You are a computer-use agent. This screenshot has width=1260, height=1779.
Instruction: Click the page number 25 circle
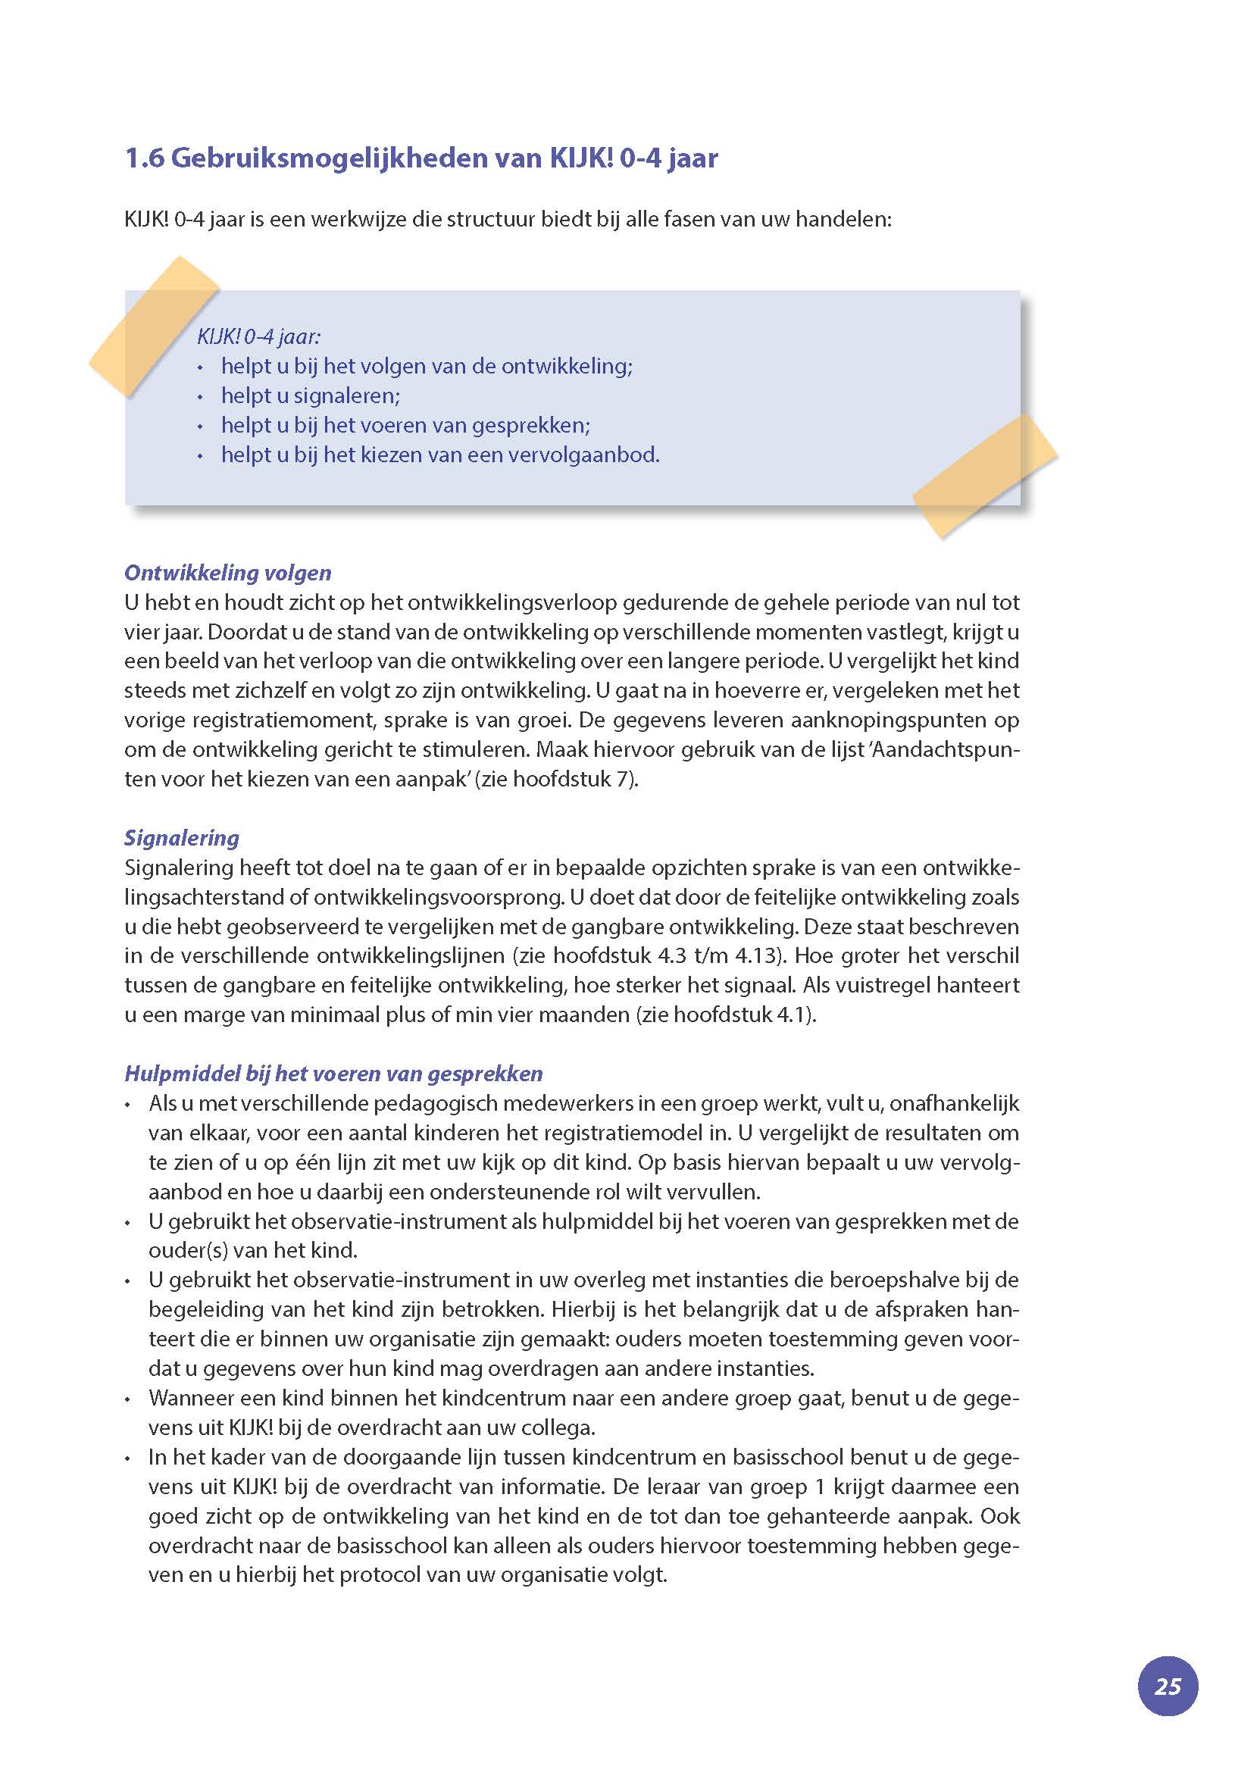1167,1686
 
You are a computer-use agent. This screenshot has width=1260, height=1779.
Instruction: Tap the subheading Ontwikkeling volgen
227,573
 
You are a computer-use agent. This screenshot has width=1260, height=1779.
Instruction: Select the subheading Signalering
182,838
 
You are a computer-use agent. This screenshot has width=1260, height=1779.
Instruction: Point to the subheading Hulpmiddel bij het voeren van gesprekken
333,1074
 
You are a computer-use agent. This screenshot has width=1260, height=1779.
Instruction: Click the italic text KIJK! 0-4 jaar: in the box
258,336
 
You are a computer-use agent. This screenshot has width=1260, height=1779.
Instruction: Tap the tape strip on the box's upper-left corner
154,326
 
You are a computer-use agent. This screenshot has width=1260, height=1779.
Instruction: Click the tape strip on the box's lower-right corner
984,476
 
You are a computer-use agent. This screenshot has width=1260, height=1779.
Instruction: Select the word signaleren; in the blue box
348,396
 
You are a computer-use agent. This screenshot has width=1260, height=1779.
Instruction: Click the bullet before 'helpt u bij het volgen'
200,367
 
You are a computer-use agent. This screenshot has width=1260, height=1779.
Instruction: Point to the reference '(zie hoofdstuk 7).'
559,779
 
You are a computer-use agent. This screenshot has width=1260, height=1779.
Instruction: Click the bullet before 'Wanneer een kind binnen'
128,1399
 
